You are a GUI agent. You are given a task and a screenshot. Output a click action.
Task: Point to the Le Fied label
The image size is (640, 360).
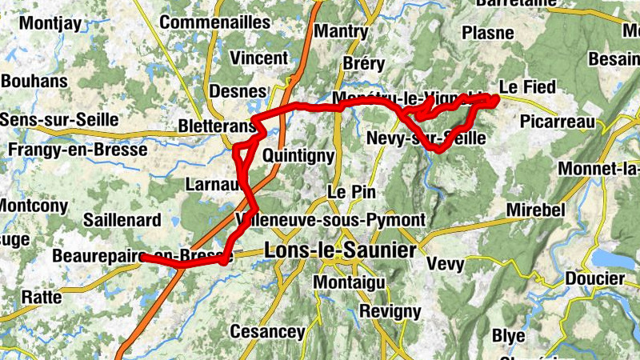point(526,86)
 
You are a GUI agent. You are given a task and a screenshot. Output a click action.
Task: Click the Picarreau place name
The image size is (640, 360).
point(559,122)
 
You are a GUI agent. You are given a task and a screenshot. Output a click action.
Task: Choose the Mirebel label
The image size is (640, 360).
point(536,210)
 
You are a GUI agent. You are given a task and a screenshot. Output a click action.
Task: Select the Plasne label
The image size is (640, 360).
point(488,33)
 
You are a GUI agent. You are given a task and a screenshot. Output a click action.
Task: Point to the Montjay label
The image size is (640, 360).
point(50,23)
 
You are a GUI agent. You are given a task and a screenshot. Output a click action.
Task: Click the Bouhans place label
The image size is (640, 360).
point(34,81)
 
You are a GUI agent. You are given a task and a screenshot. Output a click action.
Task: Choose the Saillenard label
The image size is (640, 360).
point(124,220)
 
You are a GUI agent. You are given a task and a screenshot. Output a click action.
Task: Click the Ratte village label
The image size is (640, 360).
point(42,297)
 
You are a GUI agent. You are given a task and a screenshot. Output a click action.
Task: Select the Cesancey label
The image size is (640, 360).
point(267,331)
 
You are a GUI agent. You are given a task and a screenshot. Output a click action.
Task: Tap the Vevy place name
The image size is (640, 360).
point(446,264)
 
